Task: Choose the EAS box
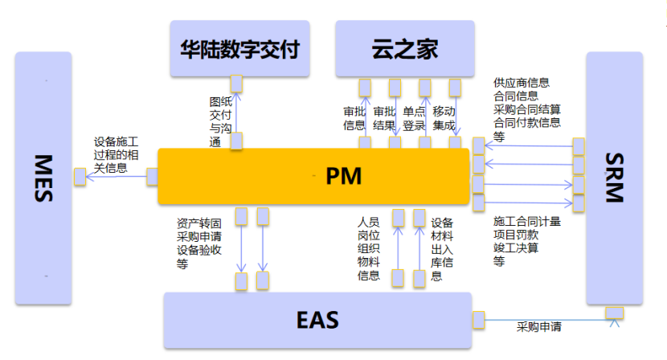(x=317, y=319)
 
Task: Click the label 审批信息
(x=354, y=118)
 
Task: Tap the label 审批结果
(x=384, y=118)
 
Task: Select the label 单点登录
(x=414, y=118)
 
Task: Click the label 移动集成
(x=444, y=118)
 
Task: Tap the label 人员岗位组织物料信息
(x=368, y=248)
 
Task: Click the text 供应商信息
(x=522, y=83)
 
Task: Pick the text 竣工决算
(x=516, y=247)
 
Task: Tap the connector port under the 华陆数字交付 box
(x=236, y=83)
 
